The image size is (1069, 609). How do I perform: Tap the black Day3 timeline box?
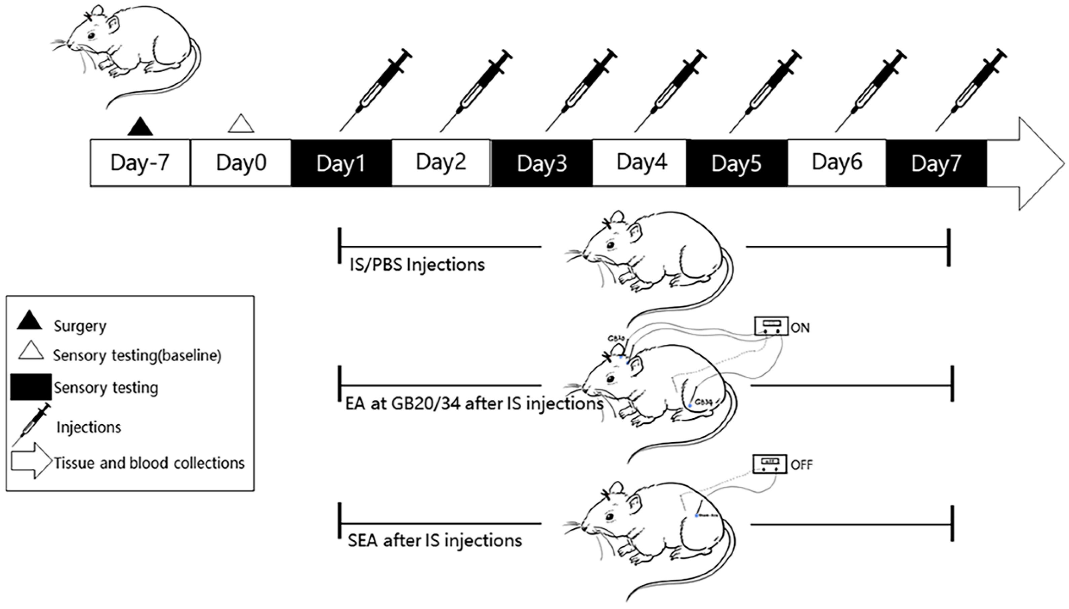pyautogui.click(x=542, y=163)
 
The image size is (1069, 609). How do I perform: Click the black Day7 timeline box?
pyautogui.click(x=936, y=163)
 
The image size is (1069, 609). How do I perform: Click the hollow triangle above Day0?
pyautogui.click(x=241, y=124)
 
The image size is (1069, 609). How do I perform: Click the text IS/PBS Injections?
pyautogui.click(x=417, y=265)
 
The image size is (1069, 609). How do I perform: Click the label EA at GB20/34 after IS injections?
pyautogui.click(x=474, y=404)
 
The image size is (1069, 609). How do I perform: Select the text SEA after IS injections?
pyautogui.click(x=435, y=541)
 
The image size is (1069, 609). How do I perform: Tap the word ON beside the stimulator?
pyautogui.click(x=800, y=328)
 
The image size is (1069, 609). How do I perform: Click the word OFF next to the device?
pyautogui.click(x=801, y=465)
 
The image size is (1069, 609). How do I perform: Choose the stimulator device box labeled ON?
pyautogui.click(x=771, y=326)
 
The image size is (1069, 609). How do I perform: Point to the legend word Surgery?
pyautogui.click(x=80, y=326)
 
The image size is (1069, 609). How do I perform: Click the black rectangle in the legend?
pyautogui.click(x=31, y=387)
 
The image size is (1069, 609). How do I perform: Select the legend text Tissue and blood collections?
pyautogui.click(x=149, y=463)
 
